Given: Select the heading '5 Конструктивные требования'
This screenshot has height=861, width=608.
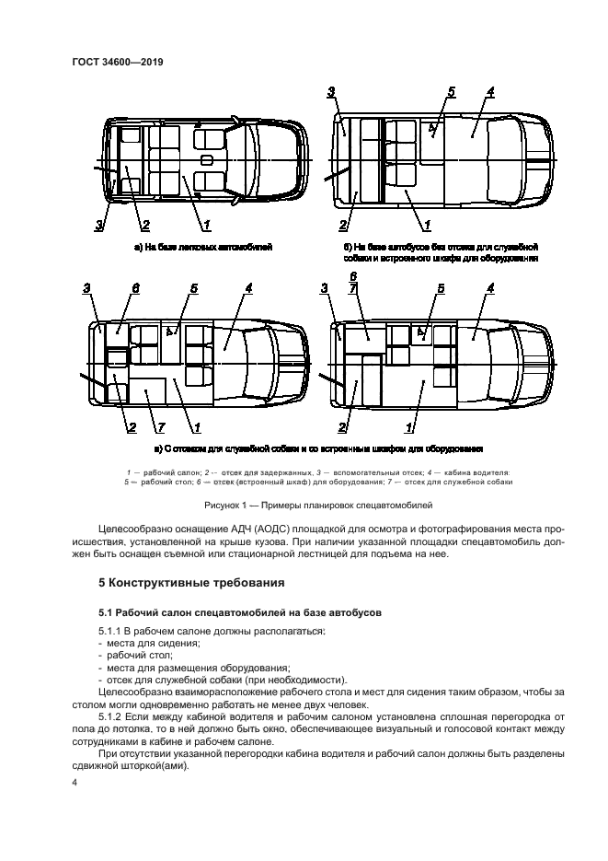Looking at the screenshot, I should click(191, 582).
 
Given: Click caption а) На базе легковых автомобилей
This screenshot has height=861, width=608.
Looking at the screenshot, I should click(202, 248).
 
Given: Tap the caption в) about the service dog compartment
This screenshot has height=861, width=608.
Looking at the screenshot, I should click(318, 448).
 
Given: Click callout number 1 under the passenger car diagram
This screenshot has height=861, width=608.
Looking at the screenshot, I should click(207, 224).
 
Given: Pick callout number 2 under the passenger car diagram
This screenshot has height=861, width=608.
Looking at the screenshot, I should click(144, 225).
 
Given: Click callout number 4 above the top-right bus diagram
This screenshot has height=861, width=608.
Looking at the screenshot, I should click(491, 91).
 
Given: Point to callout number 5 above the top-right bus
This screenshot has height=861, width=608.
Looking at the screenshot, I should click(451, 91).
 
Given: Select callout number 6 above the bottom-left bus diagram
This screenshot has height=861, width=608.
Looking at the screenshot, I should click(135, 288).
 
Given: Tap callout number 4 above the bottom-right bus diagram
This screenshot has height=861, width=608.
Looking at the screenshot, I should click(490, 288).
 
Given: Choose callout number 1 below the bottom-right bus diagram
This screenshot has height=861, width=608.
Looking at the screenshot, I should click(407, 426).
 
